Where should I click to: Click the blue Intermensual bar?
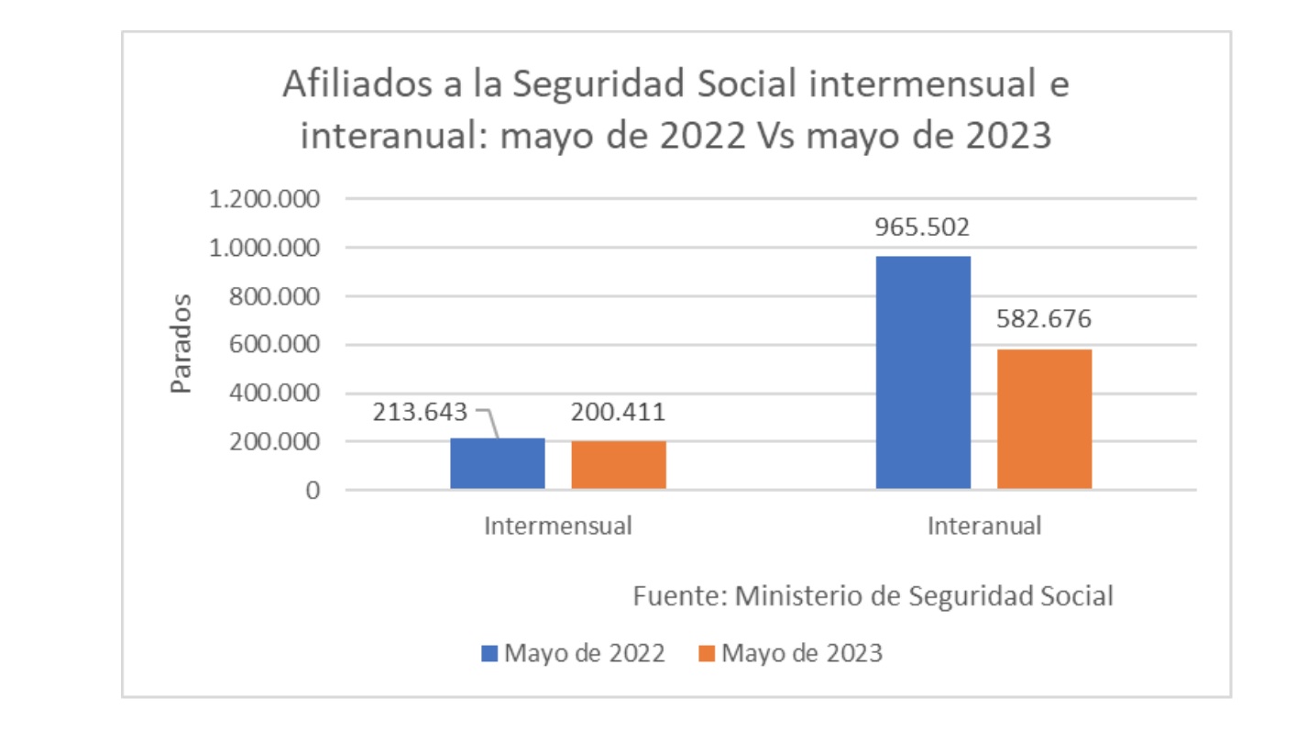click(x=498, y=463)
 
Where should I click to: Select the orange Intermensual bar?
click(x=619, y=465)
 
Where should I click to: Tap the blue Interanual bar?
click(x=923, y=371)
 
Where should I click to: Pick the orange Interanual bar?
click(x=1044, y=418)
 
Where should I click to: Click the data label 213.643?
click(x=420, y=412)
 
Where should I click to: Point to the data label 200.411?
click(x=618, y=412)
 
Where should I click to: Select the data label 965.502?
click(x=922, y=227)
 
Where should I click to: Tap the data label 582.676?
click(x=1044, y=320)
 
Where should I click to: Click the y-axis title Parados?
click(x=183, y=343)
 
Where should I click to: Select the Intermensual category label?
click(x=557, y=527)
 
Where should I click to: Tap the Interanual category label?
click(x=983, y=527)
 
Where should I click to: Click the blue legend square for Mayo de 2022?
click(x=489, y=654)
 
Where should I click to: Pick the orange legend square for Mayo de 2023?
click(x=707, y=654)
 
